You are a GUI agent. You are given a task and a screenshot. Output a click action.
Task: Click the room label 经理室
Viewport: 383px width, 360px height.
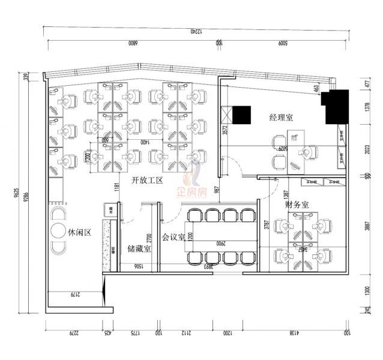click(281, 117)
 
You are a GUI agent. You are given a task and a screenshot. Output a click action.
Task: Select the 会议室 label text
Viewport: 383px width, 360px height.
click(173, 237)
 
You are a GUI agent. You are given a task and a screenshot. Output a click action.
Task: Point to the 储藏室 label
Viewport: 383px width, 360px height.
click(139, 247)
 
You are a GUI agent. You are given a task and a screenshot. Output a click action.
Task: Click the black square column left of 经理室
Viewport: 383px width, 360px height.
click(242, 113)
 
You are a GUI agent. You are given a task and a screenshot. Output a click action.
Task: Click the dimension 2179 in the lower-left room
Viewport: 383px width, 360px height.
click(75, 295)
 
